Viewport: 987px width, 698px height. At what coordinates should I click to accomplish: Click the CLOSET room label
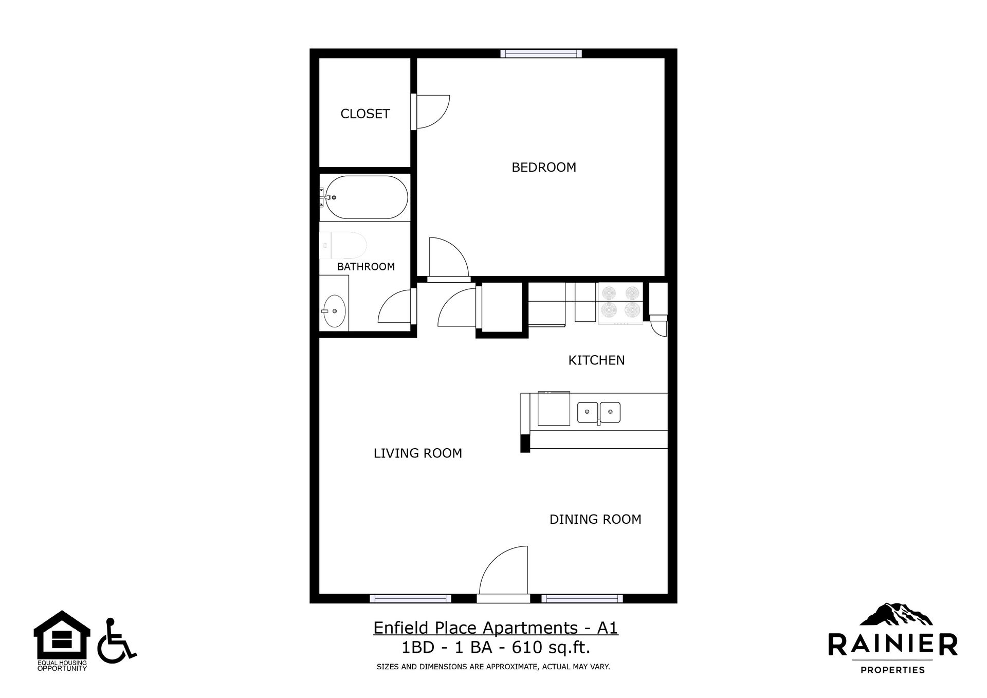click(x=365, y=114)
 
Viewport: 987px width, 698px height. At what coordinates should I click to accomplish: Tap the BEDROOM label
click(x=544, y=167)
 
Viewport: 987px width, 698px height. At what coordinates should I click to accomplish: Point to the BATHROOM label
click(x=365, y=266)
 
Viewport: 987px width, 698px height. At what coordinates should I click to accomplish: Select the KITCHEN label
click(x=596, y=360)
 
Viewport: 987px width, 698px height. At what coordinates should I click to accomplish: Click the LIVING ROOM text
click(x=417, y=453)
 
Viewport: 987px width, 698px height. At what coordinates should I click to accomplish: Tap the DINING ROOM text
click(x=595, y=519)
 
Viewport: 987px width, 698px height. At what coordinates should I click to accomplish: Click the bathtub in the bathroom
click(x=364, y=198)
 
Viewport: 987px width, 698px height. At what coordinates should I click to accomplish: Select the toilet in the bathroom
click(x=342, y=245)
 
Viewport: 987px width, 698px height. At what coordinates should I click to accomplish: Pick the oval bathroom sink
click(x=334, y=311)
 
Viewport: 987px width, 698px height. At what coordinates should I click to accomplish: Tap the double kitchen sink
click(x=599, y=412)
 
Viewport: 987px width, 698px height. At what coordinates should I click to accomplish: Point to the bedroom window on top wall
click(x=541, y=53)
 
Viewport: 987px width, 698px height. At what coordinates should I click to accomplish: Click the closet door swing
click(x=432, y=112)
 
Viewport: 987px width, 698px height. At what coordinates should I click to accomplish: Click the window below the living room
click(x=410, y=598)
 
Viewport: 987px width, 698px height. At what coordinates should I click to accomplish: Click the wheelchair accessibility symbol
click(x=116, y=640)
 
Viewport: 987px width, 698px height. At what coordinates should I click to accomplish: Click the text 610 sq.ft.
click(x=551, y=647)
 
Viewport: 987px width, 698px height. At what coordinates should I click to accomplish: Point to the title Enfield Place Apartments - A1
click(x=496, y=628)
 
